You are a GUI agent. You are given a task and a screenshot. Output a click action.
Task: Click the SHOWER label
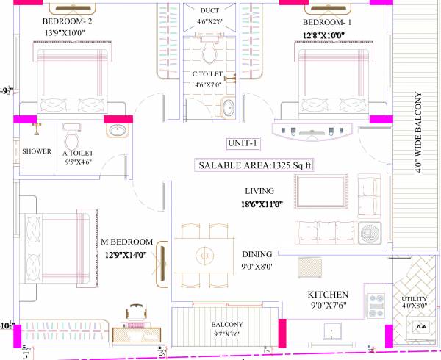(x=36, y=152)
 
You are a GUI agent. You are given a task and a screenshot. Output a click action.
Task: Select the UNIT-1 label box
(x=243, y=143)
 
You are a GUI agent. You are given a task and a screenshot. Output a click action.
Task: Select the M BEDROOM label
(x=126, y=242)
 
